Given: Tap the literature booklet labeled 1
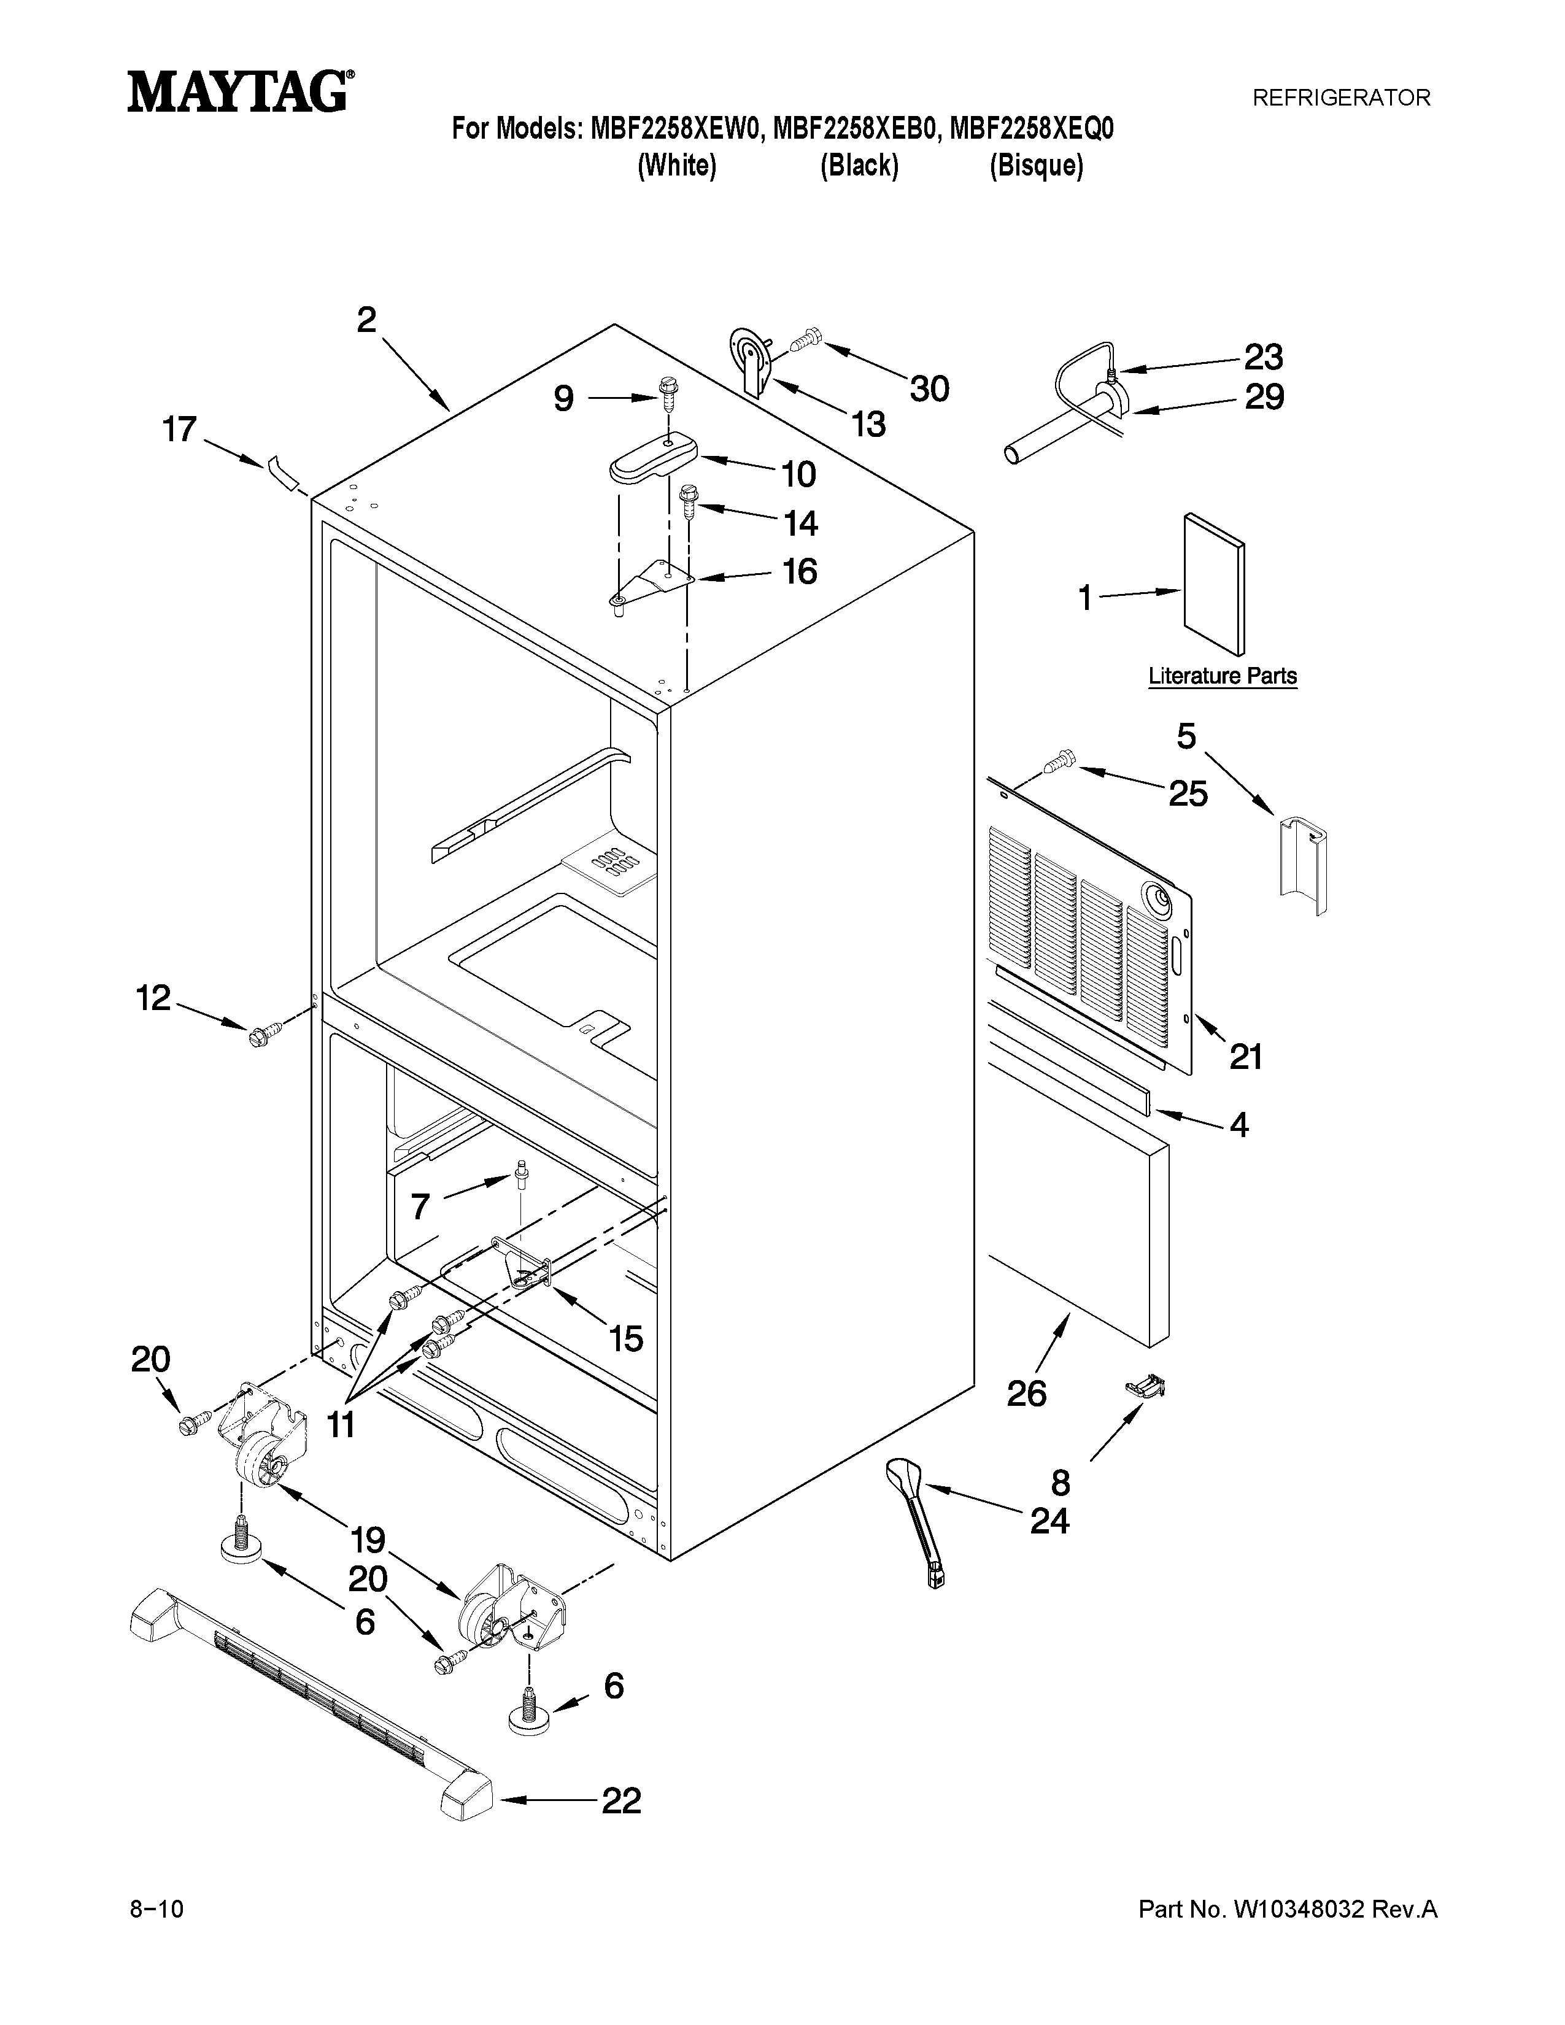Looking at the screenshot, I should click(x=1213, y=583).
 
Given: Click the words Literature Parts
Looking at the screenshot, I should click(x=1222, y=676).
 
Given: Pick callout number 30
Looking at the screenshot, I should click(x=929, y=388).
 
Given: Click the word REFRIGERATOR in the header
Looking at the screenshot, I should click(x=1340, y=98).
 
